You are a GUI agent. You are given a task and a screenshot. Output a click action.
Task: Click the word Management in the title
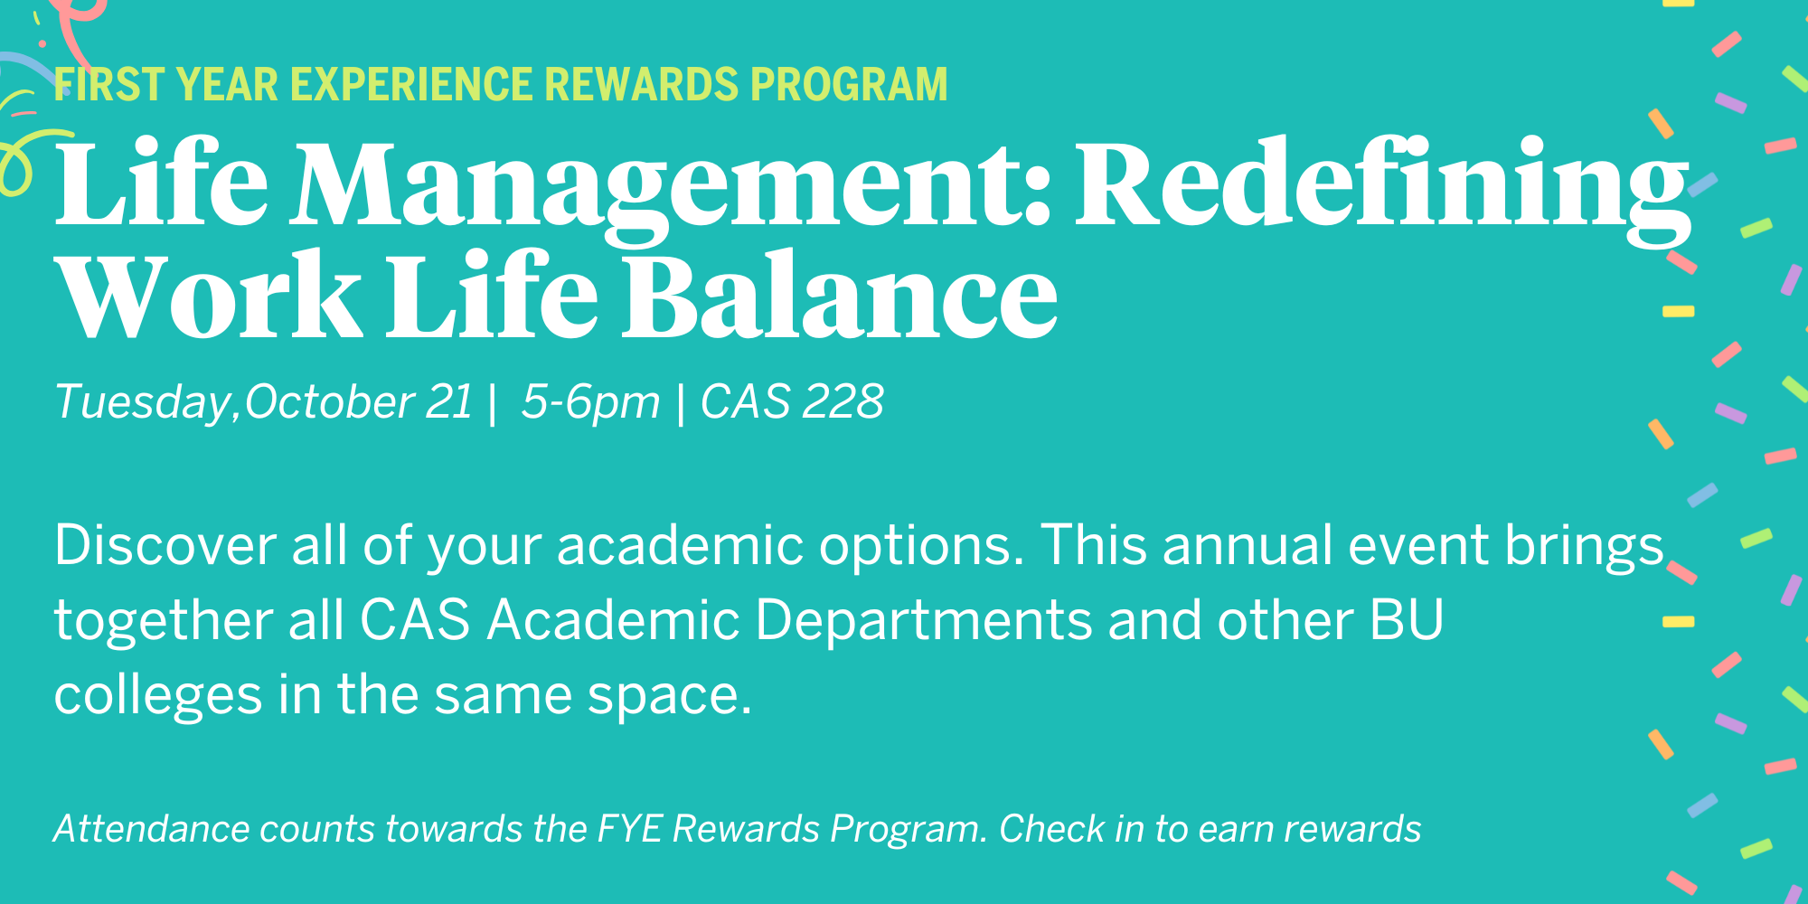tap(669, 185)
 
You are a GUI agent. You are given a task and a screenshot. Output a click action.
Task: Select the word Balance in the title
tap(840, 294)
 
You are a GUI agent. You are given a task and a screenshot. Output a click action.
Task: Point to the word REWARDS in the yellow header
tap(642, 85)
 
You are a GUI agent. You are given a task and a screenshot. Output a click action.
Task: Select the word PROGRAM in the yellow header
tap(849, 85)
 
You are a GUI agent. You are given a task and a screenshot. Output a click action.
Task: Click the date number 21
tap(449, 401)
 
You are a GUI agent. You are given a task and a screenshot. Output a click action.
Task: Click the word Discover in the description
tap(165, 545)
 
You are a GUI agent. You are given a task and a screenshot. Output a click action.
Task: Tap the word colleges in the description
tap(158, 697)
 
